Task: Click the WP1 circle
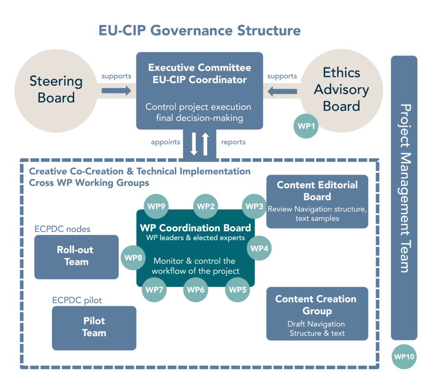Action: (x=306, y=125)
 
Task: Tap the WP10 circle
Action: (x=404, y=356)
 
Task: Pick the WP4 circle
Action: (x=260, y=248)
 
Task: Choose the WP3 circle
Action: (x=254, y=206)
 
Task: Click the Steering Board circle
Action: (x=56, y=89)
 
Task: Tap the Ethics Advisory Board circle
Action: (x=341, y=89)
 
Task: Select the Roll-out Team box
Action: (x=76, y=257)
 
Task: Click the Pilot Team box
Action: (x=94, y=328)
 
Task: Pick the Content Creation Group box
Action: (x=317, y=313)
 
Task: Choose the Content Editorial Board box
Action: (x=317, y=201)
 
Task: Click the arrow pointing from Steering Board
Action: (x=116, y=90)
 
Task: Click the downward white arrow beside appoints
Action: (x=194, y=143)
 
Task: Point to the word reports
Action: (x=233, y=142)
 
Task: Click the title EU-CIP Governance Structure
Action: (x=199, y=30)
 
